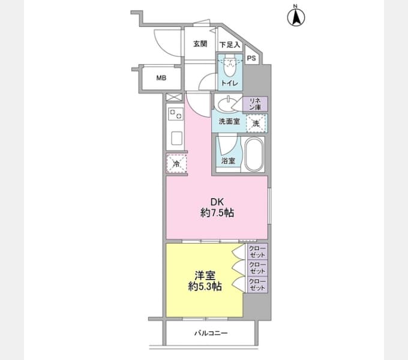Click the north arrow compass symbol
tap(296, 17)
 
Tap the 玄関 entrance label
tap(200, 44)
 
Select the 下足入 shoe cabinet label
tap(229, 44)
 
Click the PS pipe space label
tap(251, 58)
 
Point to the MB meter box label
tap(161, 78)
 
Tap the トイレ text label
tap(229, 83)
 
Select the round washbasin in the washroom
tap(226, 104)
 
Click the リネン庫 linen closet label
tap(255, 104)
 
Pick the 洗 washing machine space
tap(256, 123)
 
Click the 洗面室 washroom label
tap(229, 121)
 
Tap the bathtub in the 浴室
tap(254, 154)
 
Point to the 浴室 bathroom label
tap(228, 161)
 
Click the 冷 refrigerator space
tap(176, 163)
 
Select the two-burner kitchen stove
tap(176, 114)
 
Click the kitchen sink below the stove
tap(176, 139)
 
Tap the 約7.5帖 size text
tap(217, 213)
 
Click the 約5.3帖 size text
tap(205, 287)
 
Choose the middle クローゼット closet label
tap(257, 268)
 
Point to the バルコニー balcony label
tap(211, 333)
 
